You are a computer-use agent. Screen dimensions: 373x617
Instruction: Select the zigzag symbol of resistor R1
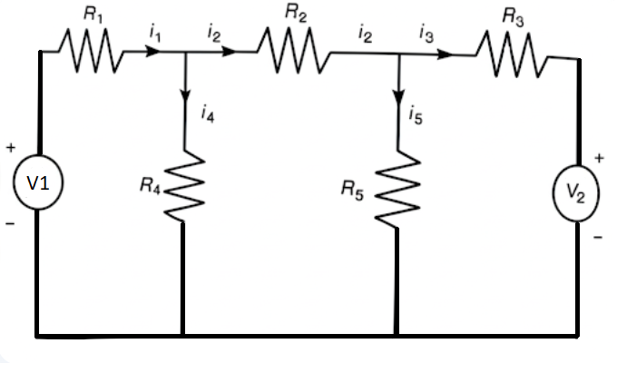click(91, 51)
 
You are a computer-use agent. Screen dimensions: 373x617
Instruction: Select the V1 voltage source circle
click(37, 182)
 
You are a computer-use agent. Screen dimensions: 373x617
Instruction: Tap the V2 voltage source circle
click(577, 193)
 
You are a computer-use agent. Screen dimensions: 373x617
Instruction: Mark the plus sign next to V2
click(599, 158)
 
